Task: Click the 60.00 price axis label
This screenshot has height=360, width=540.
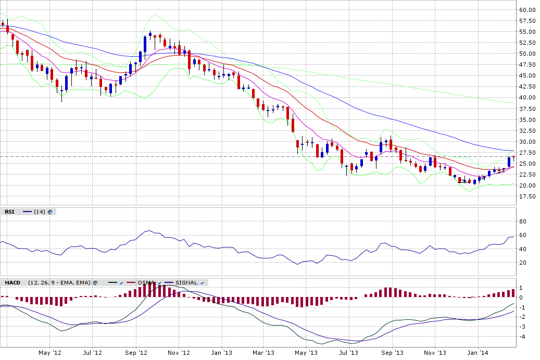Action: pyautogui.click(x=527, y=10)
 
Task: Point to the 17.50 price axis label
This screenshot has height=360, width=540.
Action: pyautogui.click(x=527, y=196)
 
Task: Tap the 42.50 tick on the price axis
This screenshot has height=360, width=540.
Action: pyautogui.click(x=527, y=86)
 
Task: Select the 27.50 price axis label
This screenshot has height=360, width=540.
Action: pyautogui.click(x=527, y=153)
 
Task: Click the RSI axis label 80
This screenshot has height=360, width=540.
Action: pyautogui.click(x=523, y=221)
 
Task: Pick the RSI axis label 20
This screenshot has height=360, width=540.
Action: pyautogui.click(x=523, y=263)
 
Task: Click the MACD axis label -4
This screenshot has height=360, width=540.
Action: pyautogui.click(x=521, y=336)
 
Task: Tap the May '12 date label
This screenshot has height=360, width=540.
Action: pyautogui.click(x=50, y=353)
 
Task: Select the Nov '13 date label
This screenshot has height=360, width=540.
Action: pyautogui.click(x=435, y=353)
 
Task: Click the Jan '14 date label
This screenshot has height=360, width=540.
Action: pyautogui.click(x=478, y=353)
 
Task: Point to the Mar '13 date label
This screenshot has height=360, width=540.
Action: pyautogui.click(x=263, y=353)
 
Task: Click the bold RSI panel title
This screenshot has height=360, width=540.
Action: pyautogui.click(x=10, y=212)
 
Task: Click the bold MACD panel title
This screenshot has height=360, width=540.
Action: pyautogui.click(x=12, y=283)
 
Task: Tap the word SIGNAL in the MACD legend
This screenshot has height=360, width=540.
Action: pyautogui.click(x=186, y=283)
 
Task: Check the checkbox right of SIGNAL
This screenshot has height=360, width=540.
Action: pyautogui.click(x=202, y=283)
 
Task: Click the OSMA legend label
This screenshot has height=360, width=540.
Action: pyautogui.click(x=146, y=283)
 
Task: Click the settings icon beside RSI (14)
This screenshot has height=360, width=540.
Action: pyautogui.click(x=50, y=212)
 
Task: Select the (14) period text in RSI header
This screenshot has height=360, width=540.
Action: pyautogui.click(x=40, y=212)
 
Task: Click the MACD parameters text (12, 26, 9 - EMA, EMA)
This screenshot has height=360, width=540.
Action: pyautogui.click(x=59, y=283)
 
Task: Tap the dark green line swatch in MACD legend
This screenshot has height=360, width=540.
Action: pyautogui.click(x=113, y=283)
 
